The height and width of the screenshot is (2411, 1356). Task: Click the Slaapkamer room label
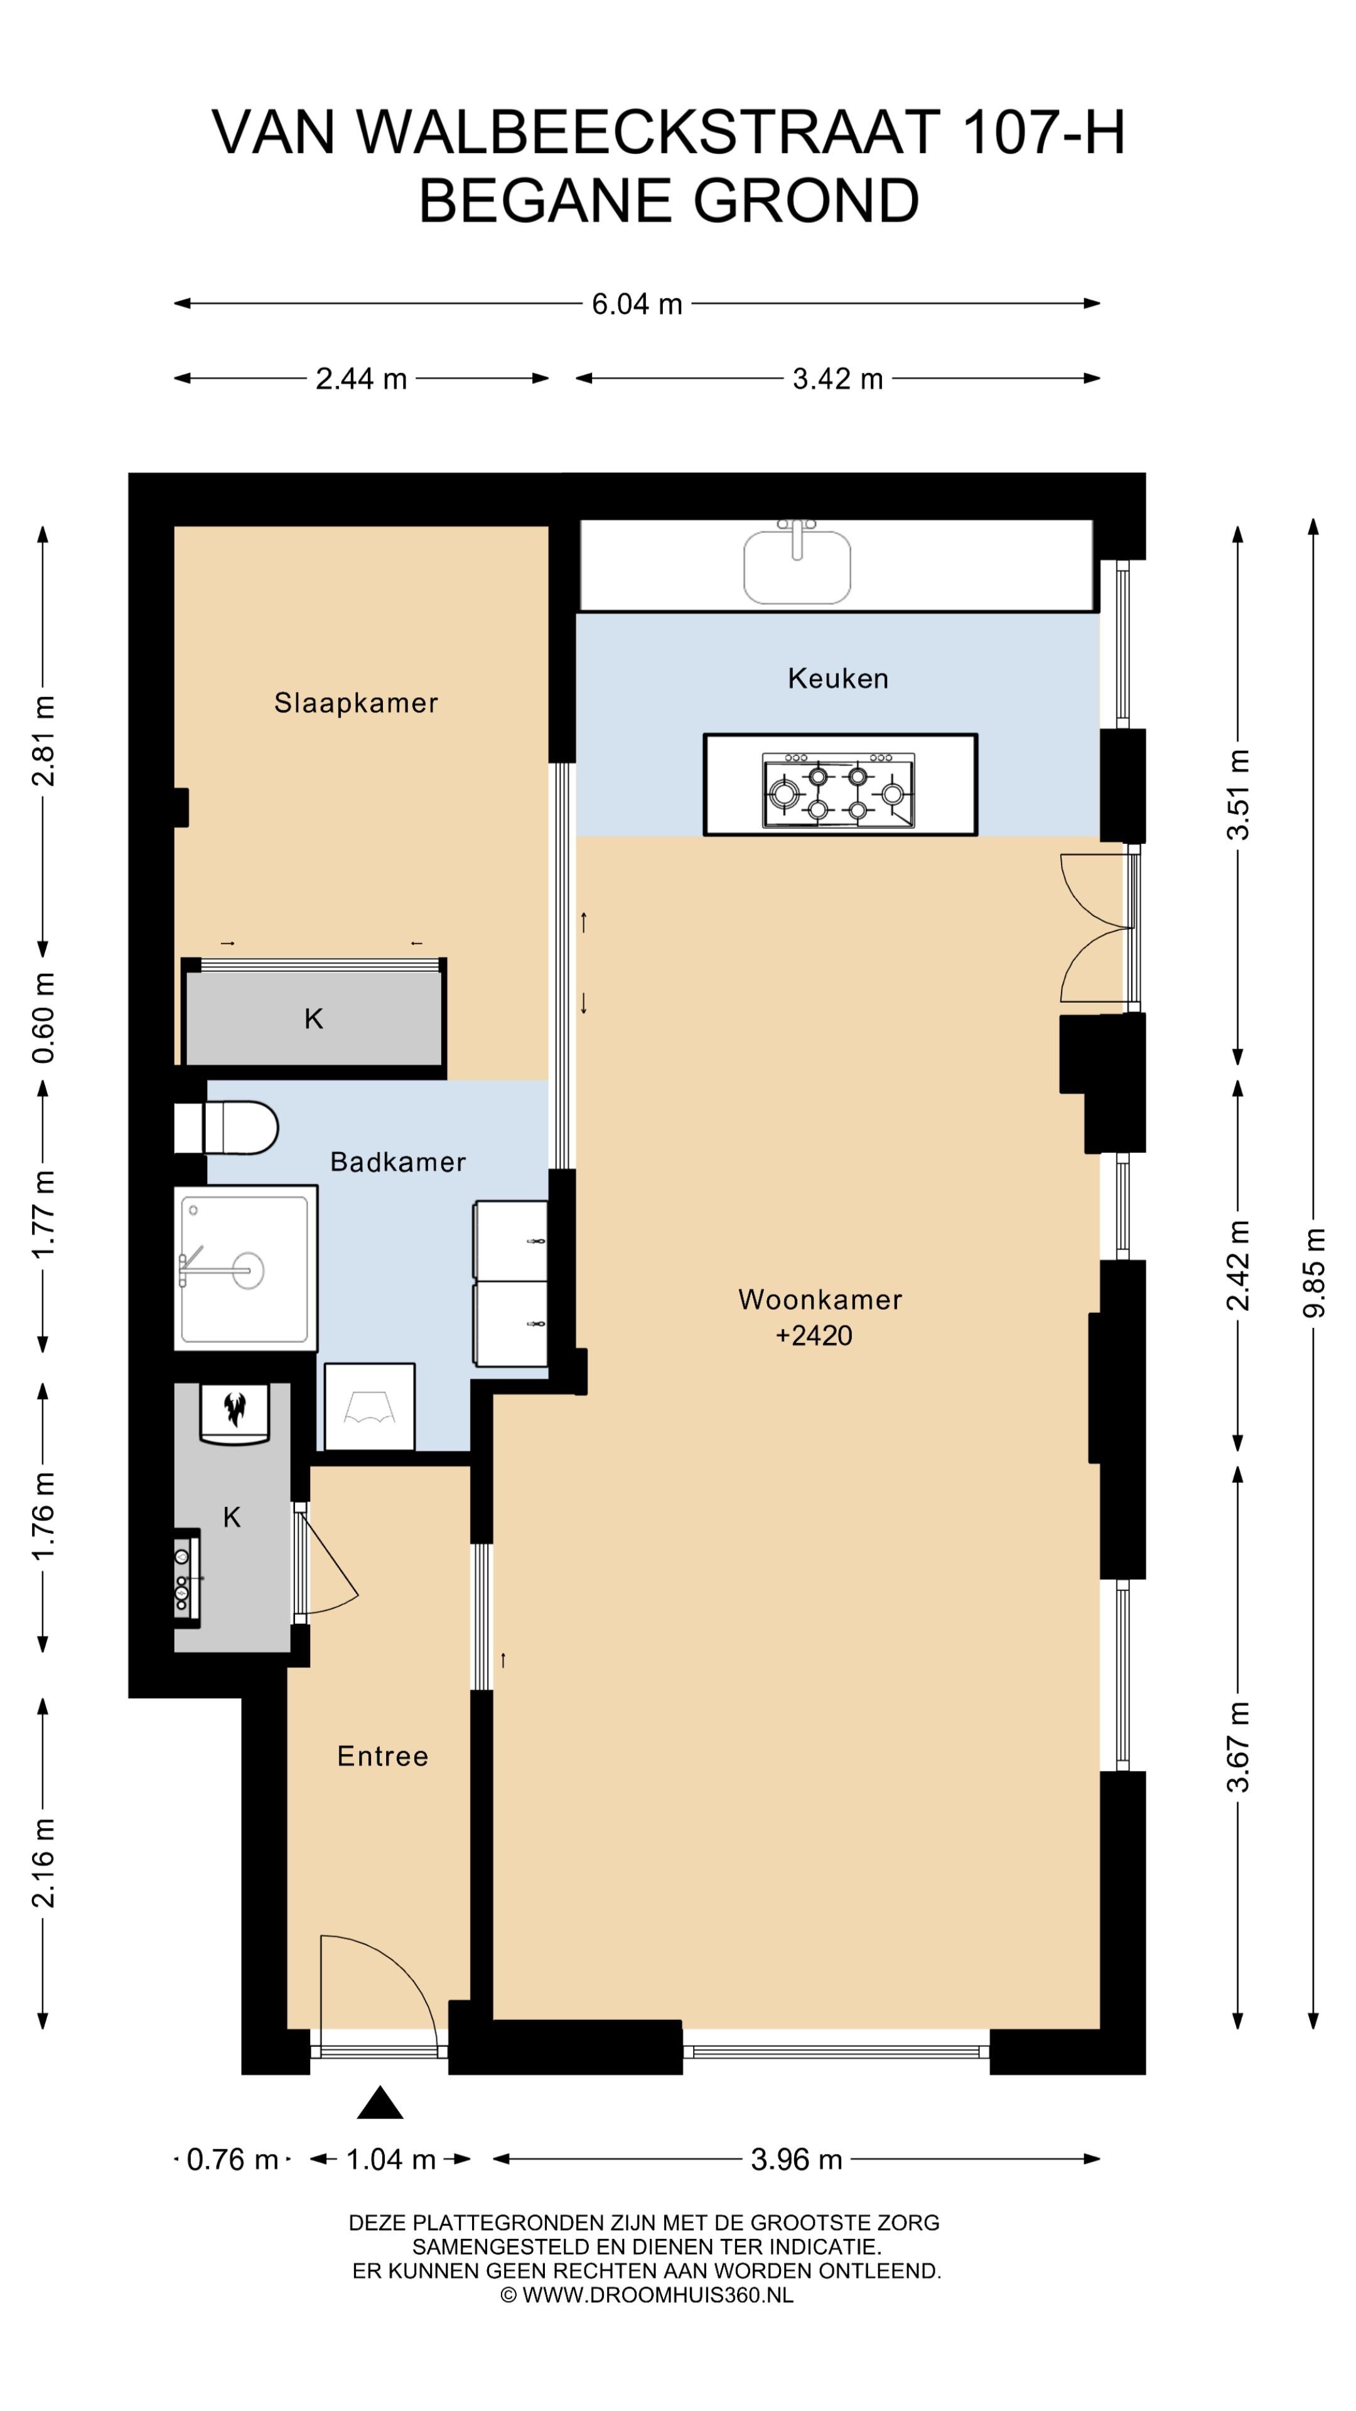pyautogui.click(x=355, y=703)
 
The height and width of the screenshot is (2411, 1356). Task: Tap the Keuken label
pyautogui.click(x=837, y=679)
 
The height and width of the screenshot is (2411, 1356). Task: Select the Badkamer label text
pyautogui.click(x=398, y=1162)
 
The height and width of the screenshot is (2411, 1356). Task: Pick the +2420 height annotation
pyautogui.click(x=814, y=1335)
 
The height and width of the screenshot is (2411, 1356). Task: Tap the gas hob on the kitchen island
pyautogui.click(x=839, y=791)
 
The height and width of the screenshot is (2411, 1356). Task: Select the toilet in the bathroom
pyautogui.click(x=227, y=1128)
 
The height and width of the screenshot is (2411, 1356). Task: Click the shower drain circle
pyautogui.click(x=248, y=1271)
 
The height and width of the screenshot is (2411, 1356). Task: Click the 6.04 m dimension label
pyautogui.click(x=637, y=304)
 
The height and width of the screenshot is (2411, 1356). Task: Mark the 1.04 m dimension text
pyautogui.click(x=391, y=2159)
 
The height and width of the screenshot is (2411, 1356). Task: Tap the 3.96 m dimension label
pyautogui.click(x=797, y=2159)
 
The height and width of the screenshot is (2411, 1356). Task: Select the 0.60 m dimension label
pyautogui.click(x=44, y=1017)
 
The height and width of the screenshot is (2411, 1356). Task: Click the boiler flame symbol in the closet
pyautogui.click(x=235, y=1408)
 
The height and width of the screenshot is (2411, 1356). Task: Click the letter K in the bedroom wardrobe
pyautogui.click(x=313, y=1018)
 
